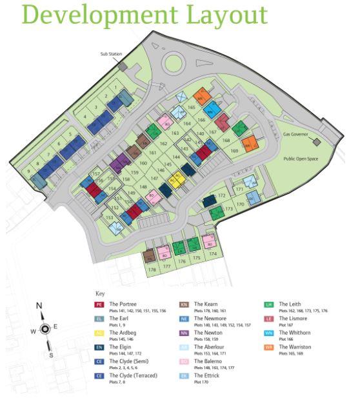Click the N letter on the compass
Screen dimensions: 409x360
pos(39,306)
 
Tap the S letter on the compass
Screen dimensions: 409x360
pos(51,354)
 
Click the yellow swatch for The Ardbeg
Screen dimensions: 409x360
pos(99,334)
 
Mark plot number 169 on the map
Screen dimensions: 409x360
pos(234,151)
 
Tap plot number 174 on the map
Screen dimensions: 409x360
pos(211,254)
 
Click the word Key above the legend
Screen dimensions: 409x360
pos(99,293)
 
